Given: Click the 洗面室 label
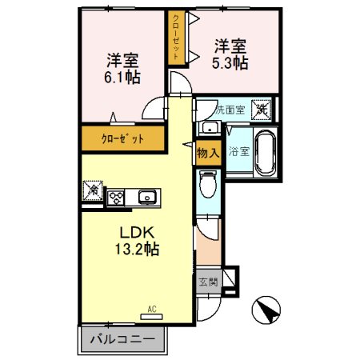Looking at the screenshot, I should (226, 106).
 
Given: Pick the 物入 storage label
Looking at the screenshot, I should (206, 153).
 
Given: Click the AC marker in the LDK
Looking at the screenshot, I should (152, 307).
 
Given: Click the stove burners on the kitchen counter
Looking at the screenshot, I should (117, 198).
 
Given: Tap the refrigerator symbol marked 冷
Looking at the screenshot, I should (92, 191).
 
